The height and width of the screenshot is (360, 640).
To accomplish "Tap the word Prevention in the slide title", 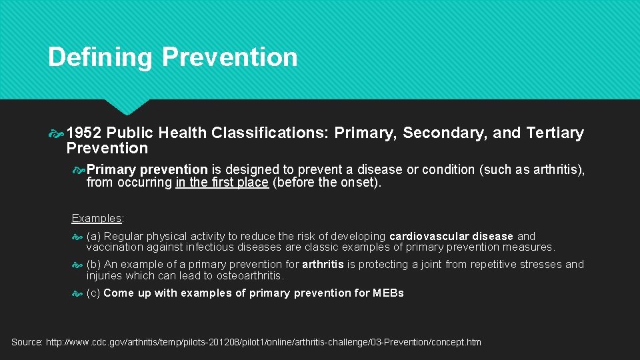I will pyautogui.click(x=229, y=57).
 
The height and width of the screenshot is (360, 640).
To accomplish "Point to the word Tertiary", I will pyautogui.click(x=555, y=133).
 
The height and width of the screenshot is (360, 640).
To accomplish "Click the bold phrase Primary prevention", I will pyautogui.click(x=147, y=170).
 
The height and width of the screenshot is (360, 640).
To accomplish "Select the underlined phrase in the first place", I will pyautogui.click(x=222, y=183).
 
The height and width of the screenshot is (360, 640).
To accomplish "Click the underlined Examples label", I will pyautogui.click(x=96, y=218).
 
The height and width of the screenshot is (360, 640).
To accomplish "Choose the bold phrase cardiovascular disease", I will pyautogui.click(x=451, y=236).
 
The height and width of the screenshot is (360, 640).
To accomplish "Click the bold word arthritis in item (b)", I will pyautogui.click(x=323, y=265).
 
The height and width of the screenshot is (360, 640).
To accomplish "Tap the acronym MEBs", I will pyautogui.click(x=388, y=293).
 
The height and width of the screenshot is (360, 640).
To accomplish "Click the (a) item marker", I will pyautogui.click(x=93, y=236).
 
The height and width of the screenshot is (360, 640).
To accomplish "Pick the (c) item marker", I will pyautogui.click(x=93, y=293).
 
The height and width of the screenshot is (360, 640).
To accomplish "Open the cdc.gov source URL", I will pyautogui.click(x=263, y=342).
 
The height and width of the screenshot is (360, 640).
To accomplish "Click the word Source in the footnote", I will pyautogui.click(x=27, y=342).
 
